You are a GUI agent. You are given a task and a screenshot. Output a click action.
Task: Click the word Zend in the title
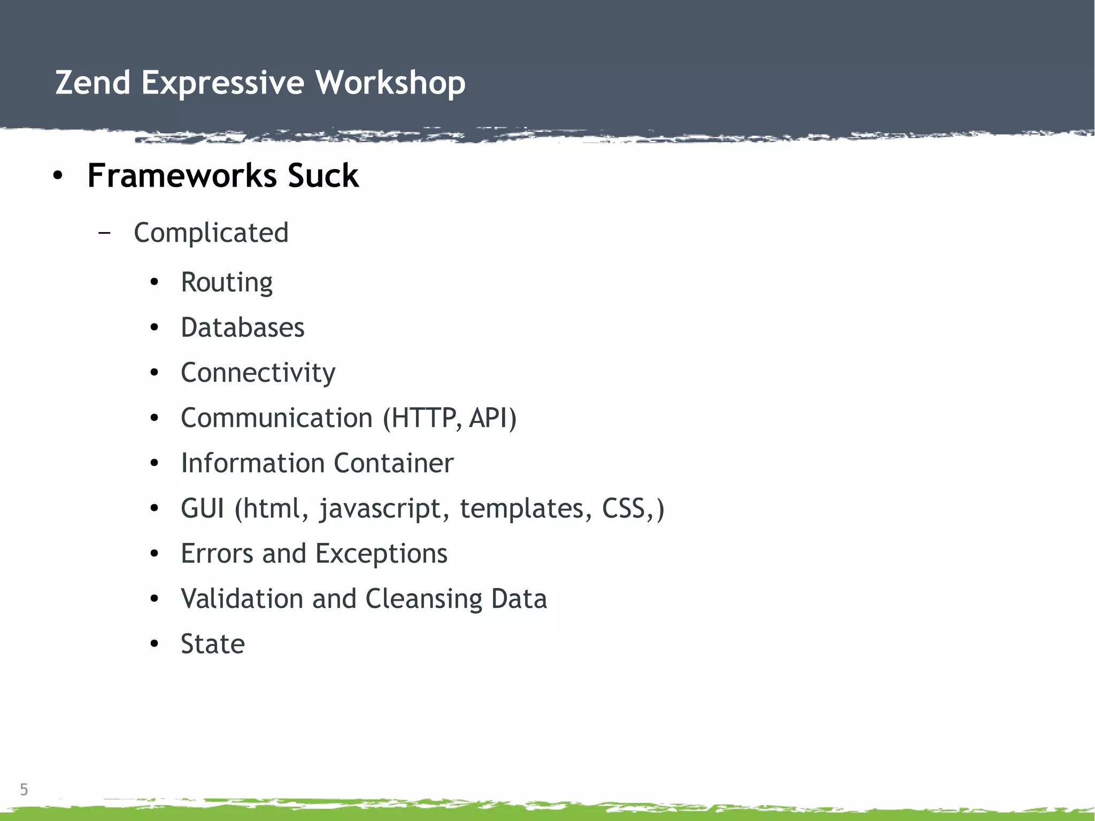click(x=93, y=83)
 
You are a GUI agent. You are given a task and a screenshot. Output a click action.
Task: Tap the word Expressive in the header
click(x=222, y=83)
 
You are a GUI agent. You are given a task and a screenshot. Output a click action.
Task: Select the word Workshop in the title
click(x=390, y=83)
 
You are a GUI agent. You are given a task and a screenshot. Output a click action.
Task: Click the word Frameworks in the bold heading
click(x=182, y=175)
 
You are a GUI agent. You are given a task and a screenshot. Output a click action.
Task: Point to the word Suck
click(x=323, y=175)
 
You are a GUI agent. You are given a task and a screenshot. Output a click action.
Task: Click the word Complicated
click(x=211, y=233)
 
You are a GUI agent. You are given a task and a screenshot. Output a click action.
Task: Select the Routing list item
click(x=227, y=282)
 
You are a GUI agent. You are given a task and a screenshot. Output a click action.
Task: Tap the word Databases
click(x=243, y=327)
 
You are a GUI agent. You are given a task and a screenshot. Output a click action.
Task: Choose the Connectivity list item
click(x=258, y=373)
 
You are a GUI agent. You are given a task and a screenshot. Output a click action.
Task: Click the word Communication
click(x=276, y=418)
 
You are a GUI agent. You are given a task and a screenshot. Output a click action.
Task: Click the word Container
click(x=394, y=463)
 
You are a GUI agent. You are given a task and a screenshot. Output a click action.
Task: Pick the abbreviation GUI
click(x=202, y=508)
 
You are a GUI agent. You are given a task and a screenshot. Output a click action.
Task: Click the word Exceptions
click(x=381, y=554)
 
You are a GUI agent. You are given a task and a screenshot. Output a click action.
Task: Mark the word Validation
click(x=242, y=599)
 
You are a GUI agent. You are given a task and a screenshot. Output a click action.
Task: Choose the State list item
click(x=213, y=644)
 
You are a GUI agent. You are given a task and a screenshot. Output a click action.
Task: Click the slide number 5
click(x=24, y=789)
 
